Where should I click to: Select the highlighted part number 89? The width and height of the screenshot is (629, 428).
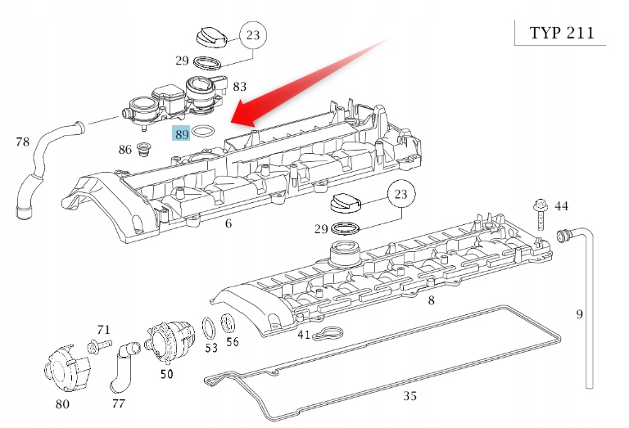pyautogui.click(x=181, y=133)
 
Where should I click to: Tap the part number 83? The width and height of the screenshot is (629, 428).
pyautogui.click(x=239, y=86)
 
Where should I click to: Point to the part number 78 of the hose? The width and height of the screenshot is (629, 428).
pyautogui.click(x=22, y=142)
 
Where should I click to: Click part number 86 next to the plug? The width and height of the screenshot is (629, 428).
pyautogui.click(x=124, y=150)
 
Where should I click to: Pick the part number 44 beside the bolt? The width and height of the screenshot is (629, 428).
pyautogui.click(x=561, y=206)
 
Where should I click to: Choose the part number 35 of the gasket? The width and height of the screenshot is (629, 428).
pyautogui.click(x=410, y=396)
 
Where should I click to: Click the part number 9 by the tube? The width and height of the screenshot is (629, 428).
pyautogui.click(x=579, y=313)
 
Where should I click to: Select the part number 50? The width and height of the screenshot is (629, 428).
pyautogui.click(x=166, y=374)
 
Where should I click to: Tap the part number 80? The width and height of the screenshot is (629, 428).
pyautogui.click(x=62, y=403)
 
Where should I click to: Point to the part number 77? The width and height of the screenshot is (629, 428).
pyautogui.click(x=119, y=403)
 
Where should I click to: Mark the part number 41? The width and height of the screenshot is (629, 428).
pyautogui.click(x=304, y=335)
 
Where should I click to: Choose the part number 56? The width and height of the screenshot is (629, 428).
pyautogui.click(x=233, y=341)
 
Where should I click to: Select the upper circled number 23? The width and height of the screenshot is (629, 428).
pyautogui.click(x=252, y=34)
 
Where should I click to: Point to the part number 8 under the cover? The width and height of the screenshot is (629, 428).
pyautogui.click(x=432, y=300)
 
